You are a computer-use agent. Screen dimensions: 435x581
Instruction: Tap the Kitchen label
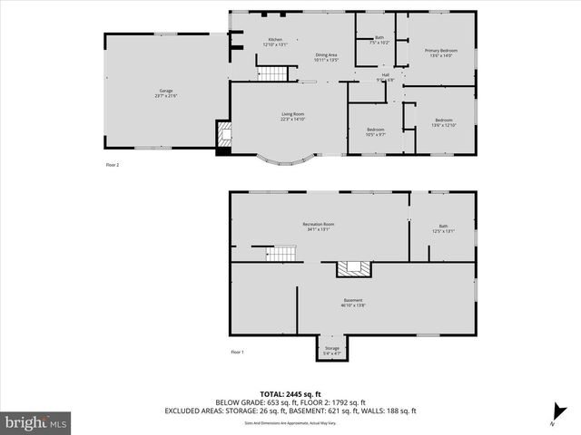(274, 42)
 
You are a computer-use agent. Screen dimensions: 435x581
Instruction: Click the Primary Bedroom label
(440, 53)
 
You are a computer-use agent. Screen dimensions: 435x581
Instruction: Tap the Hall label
(385, 77)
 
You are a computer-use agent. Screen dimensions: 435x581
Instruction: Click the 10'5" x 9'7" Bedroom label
(376, 132)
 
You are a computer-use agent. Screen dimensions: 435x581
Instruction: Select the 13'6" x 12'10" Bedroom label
(443, 122)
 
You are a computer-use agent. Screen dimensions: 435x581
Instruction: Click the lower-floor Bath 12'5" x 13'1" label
(443, 228)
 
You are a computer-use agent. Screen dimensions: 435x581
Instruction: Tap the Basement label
(353, 303)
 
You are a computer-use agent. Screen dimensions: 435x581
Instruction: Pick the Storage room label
(332, 350)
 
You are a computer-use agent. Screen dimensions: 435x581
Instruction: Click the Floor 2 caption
(113, 165)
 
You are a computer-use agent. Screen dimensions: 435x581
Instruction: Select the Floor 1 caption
(237, 352)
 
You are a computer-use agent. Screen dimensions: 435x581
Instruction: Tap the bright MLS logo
(36, 422)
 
